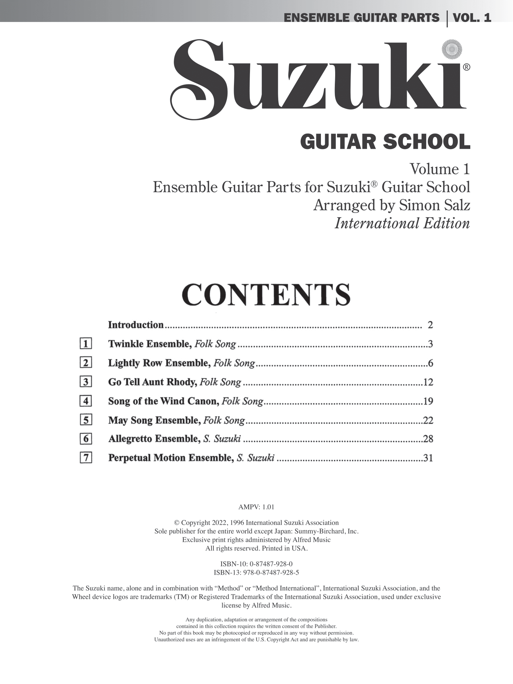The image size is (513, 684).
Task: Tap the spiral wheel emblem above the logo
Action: point(452,49)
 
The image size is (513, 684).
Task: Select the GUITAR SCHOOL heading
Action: point(385,142)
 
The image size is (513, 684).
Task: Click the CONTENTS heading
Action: point(266,295)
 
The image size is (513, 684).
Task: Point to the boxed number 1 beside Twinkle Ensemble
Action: point(86,344)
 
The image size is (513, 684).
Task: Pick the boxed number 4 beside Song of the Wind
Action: point(86,401)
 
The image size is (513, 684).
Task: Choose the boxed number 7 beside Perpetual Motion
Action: point(86,458)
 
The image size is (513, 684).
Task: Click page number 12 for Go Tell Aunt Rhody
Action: point(428,382)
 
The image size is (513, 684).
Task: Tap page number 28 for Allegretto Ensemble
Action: point(428,439)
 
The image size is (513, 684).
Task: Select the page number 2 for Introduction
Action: point(430,325)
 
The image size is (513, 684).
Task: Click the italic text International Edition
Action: point(402,223)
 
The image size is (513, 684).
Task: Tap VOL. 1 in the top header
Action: point(472,18)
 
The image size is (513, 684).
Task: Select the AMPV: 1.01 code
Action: point(256,507)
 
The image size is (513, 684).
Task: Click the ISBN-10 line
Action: point(256,564)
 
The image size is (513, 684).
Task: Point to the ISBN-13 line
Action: point(256,573)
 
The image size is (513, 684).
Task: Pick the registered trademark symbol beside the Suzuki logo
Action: point(466,67)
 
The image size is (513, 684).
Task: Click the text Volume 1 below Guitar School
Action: point(440,169)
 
